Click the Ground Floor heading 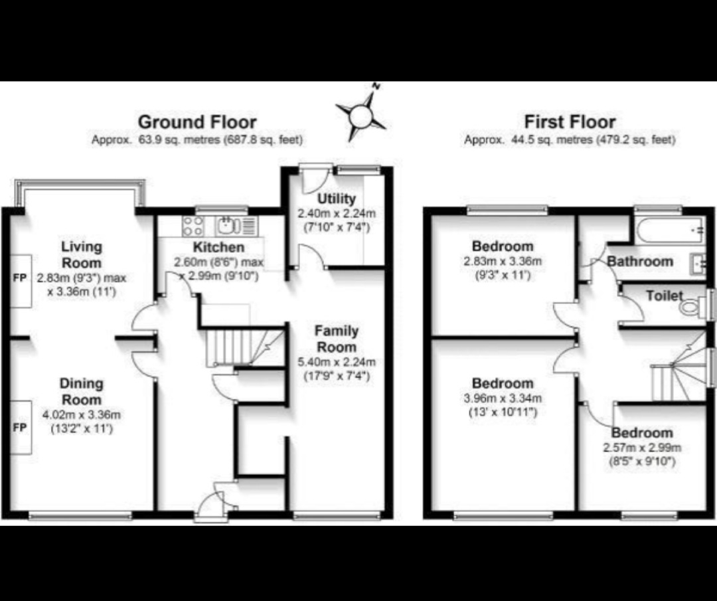[x=197, y=122]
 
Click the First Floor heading [x=570, y=122]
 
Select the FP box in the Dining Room [x=21, y=428]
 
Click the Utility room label [x=337, y=199]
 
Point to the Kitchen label [x=218, y=248]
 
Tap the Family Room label [x=337, y=339]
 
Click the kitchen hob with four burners [x=193, y=226]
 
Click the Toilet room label [x=665, y=296]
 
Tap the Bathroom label [x=640, y=262]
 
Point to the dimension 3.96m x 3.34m [x=503, y=398]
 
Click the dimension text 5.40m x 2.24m [x=337, y=363]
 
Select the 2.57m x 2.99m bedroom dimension [x=642, y=448]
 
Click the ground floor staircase [x=245, y=347]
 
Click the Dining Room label [x=82, y=392]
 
